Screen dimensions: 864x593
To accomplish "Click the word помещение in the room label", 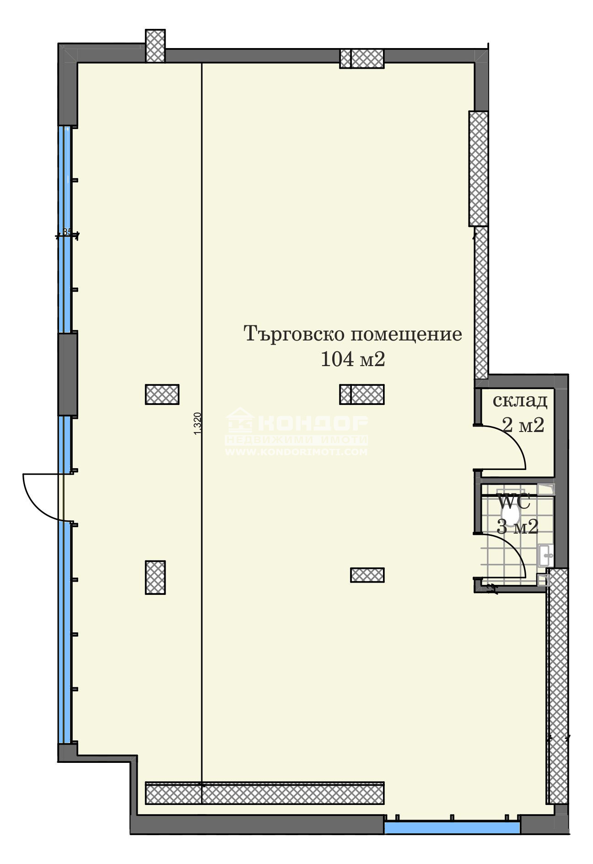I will click(406, 335).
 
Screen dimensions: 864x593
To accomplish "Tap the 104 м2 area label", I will click(352, 359).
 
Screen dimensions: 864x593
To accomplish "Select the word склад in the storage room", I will click(520, 400).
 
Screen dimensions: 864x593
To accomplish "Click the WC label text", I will click(513, 502).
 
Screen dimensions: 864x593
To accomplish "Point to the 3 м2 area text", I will click(517, 527).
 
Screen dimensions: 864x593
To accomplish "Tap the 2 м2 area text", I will click(523, 425).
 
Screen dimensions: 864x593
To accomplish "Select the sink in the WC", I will click(545, 556).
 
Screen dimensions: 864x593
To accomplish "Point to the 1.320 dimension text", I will click(198, 423).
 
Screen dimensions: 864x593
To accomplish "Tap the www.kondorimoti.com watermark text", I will click(296, 452).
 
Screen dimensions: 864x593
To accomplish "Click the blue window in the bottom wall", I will click(452, 827).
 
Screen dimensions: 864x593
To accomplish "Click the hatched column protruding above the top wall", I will click(155, 46).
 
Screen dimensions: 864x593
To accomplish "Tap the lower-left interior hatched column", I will click(155, 577).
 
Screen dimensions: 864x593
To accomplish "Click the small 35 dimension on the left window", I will click(67, 232).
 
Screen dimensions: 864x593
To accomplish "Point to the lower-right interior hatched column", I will click(367, 575).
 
